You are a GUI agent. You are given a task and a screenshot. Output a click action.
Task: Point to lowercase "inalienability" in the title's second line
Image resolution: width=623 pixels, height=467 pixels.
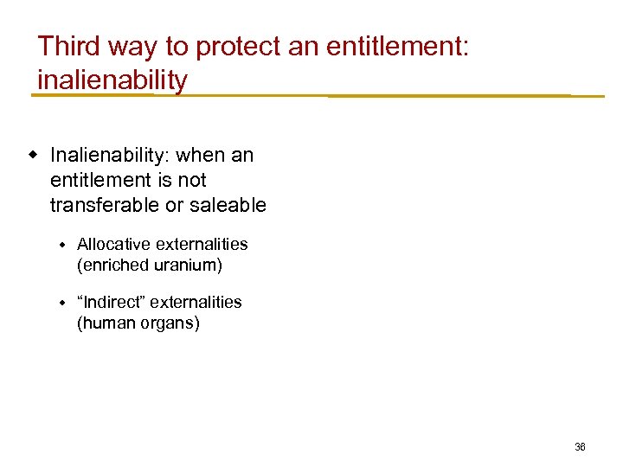pos(112,80)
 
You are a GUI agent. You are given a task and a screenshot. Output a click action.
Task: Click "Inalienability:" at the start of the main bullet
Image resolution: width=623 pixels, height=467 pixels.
pos(110,156)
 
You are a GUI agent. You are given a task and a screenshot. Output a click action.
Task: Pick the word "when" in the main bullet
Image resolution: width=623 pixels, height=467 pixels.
pos(203,156)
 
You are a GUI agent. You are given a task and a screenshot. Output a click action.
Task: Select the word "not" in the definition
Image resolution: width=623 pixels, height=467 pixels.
pos(191,180)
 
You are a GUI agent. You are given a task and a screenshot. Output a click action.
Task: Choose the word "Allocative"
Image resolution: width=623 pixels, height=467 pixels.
pos(111,245)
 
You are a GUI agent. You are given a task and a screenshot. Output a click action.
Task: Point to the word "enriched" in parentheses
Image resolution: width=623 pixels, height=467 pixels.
pos(112,265)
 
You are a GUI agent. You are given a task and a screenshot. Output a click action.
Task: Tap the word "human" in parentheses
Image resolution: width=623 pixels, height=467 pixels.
pos(105,323)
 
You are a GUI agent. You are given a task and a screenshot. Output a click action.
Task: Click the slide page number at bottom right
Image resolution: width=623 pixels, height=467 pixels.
pos(580,447)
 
